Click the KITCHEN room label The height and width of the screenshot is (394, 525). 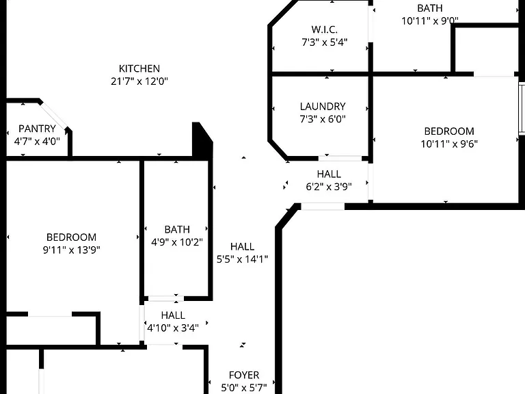tap(139, 68)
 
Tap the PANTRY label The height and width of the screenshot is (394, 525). tap(37, 129)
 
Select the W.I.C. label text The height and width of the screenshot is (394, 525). tap(325, 29)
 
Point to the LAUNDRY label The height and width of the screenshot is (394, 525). tap(323, 107)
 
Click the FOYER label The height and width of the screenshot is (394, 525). tap(244, 375)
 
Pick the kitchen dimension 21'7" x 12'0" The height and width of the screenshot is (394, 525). tap(139, 81)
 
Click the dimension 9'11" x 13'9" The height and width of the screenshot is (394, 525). tap(72, 250)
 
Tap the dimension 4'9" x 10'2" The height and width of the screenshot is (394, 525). tap(177, 242)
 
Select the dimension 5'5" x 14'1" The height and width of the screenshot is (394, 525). tap(243, 259)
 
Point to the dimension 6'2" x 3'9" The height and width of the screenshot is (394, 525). tap(329, 187)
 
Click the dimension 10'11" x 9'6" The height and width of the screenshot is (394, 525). tap(449, 144)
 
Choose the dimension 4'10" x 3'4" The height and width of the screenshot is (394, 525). tap(173, 328)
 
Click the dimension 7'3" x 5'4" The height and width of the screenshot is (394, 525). tap(325, 42)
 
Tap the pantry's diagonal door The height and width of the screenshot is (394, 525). tap(53, 115)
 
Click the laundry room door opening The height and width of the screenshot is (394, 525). tap(340, 158)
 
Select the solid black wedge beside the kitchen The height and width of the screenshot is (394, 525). tap(201, 139)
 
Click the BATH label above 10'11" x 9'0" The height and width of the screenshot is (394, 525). tap(430, 8)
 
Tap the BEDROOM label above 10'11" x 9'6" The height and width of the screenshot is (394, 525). tap(449, 131)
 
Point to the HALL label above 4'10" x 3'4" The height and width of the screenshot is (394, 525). tap(173, 315)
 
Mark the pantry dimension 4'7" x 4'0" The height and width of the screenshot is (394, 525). tap(37, 142)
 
